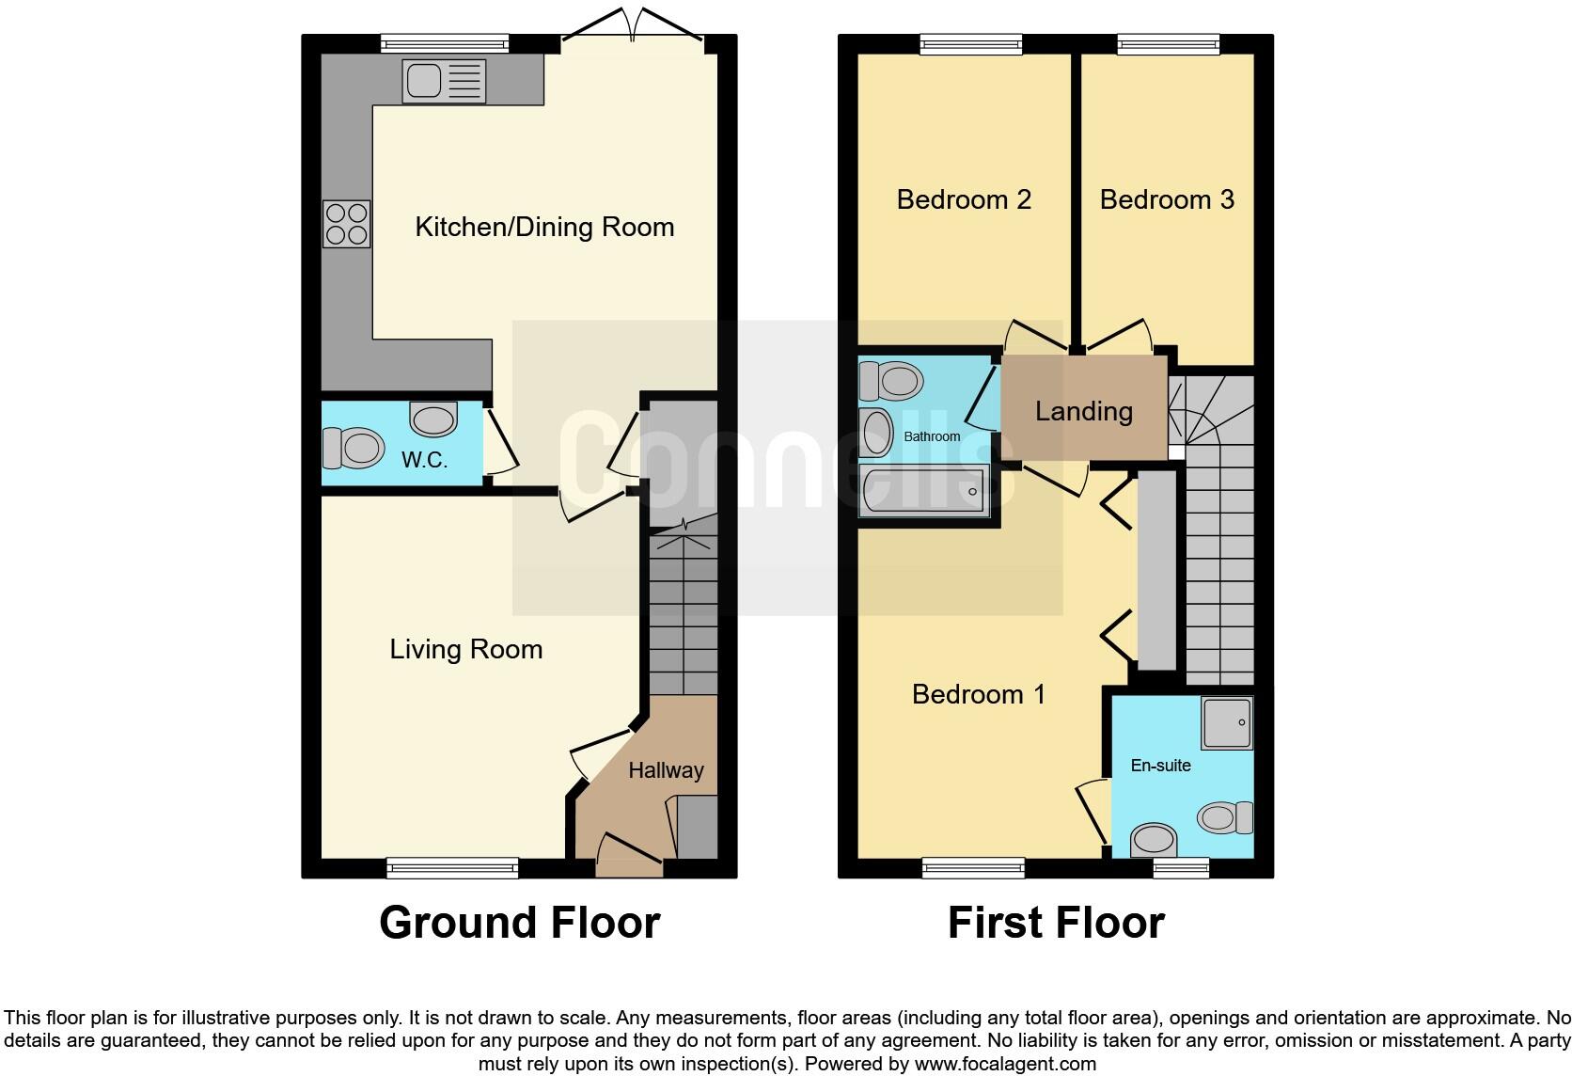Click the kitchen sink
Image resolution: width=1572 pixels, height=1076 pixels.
(443, 80)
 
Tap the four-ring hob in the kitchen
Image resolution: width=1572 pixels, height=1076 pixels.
(346, 224)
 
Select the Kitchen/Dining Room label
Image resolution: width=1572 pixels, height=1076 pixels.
(544, 227)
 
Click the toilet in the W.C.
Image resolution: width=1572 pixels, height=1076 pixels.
(354, 448)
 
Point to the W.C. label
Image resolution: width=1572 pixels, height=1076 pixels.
(424, 460)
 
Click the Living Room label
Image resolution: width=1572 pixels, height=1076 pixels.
(465, 649)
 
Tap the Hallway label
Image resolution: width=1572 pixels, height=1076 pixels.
(666, 770)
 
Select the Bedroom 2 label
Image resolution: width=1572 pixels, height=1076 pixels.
(964, 199)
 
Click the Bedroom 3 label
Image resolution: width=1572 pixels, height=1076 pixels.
(1167, 199)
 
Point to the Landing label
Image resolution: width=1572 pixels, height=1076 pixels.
(1083, 411)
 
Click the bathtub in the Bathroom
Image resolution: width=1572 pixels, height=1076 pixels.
(922, 490)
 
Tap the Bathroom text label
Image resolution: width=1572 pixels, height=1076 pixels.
(932, 436)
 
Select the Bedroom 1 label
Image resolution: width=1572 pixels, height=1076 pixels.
(978, 694)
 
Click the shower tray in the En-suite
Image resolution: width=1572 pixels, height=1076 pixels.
(1227, 722)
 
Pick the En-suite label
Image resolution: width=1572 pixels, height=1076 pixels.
(1160, 766)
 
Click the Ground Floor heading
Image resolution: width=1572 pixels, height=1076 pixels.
(519, 923)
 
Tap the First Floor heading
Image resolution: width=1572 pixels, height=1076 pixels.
(1056, 923)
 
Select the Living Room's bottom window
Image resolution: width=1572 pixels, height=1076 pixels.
(452, 868)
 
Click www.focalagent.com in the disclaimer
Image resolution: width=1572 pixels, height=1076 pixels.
(1004, 1065)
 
